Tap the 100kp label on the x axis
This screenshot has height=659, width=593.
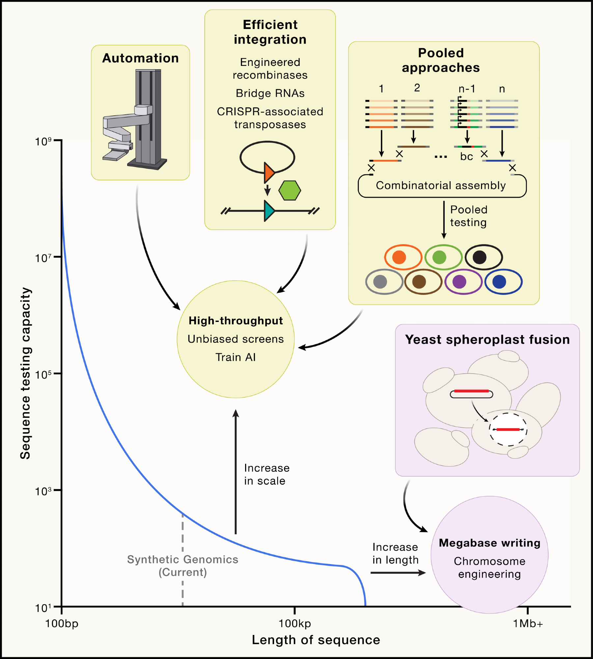pos(295,623)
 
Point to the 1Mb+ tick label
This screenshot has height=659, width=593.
pos(528,623)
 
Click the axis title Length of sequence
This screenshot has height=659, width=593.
pos(316,640)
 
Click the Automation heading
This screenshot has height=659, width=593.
pos(140,58)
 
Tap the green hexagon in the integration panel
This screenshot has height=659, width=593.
pos(290,190)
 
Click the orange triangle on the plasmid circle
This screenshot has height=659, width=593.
pos(269,172)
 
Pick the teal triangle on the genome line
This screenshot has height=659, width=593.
pos(269,211)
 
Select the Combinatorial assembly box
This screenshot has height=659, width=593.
pos(441,186)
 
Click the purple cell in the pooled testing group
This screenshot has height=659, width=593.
pos(463,282)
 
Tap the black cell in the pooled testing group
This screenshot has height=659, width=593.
pos(483,257)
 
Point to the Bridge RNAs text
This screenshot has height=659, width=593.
pos(270,93)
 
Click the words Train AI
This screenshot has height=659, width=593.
pos(236,357)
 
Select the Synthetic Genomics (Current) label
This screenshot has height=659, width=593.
pos(183,565)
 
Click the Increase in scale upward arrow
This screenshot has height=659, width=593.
pos(236,471)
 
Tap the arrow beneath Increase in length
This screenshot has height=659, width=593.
pos(398,573)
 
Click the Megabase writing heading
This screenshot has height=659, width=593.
pos(490,543)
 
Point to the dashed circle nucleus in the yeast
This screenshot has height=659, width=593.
pos(508,429)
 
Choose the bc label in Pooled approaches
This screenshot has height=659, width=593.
pos(466,157)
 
